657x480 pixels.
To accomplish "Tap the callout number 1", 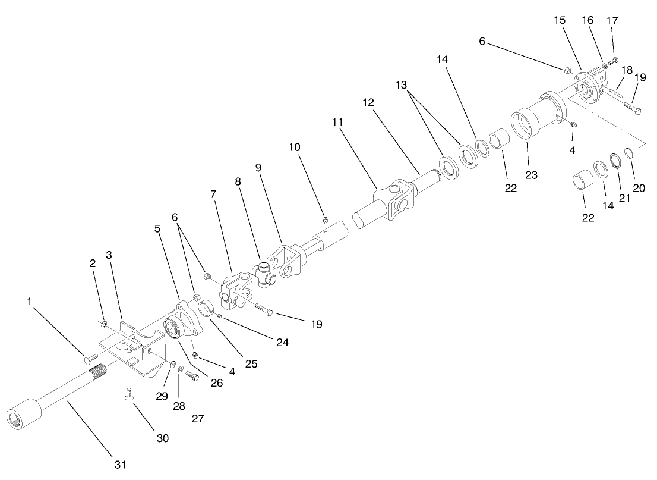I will click(x=29, y=302).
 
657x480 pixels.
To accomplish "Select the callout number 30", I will click(x=162, y=438).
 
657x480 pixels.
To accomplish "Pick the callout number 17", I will click(x=612, y=21).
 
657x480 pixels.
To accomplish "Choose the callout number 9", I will click(x=258, y=168).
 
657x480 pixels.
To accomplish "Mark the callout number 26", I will click(x=217, y=384).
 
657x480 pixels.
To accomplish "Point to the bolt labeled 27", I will click(x=191, y=376).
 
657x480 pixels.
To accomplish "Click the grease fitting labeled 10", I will click(x=326, y=221).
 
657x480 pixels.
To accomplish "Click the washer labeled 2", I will click(x=104, y=324).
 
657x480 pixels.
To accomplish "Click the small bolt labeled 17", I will click(x=614, y=59).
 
